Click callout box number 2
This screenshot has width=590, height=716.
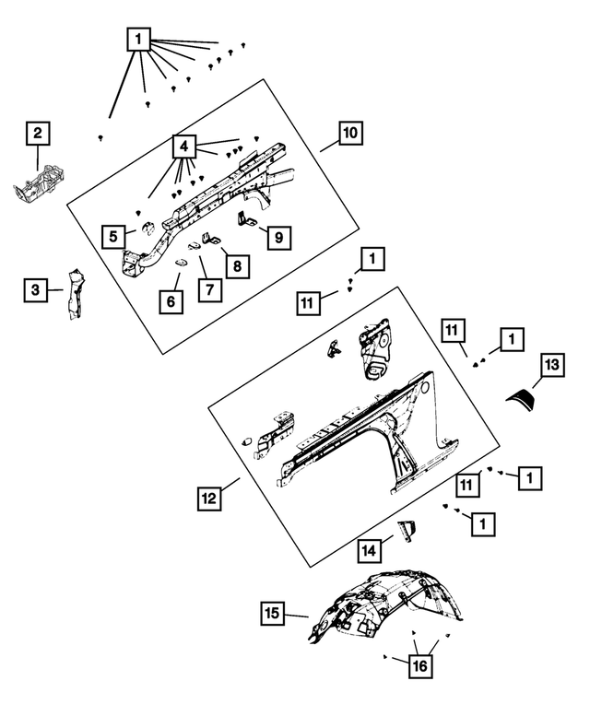click(x=37, y=135)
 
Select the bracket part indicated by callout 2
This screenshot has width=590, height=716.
click(x=39, y=182)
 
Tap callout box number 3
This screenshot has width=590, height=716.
click(x=35, y=290)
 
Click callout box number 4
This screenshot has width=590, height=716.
click(x=184, y=147)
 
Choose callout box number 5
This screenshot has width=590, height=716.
click(x=113, y=236)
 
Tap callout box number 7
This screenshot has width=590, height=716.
click(x=209, y=289)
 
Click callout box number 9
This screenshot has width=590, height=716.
click(x=277, y=237)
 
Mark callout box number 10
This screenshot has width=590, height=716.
click(x=350, y=134)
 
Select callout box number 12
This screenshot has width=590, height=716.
click(x=209, y=499)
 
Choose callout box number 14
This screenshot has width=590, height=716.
click(x=370, y=550)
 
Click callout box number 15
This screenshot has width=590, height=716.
click(x=272, y=612)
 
